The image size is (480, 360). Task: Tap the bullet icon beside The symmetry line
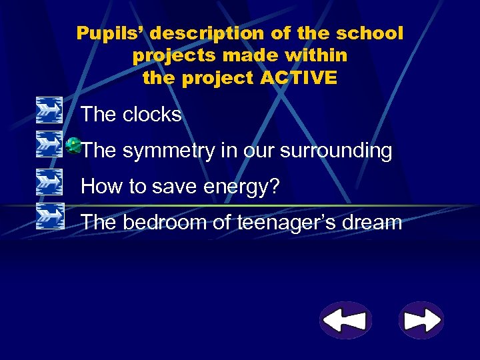(49, 144)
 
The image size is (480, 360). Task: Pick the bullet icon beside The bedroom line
(49, 215)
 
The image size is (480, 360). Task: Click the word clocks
(152, 115)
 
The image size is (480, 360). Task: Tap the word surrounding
(336, 151)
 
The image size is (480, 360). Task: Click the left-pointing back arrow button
(344, 321)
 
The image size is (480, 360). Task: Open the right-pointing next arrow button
(421, 321)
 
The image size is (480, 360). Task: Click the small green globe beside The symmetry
(74, 144)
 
